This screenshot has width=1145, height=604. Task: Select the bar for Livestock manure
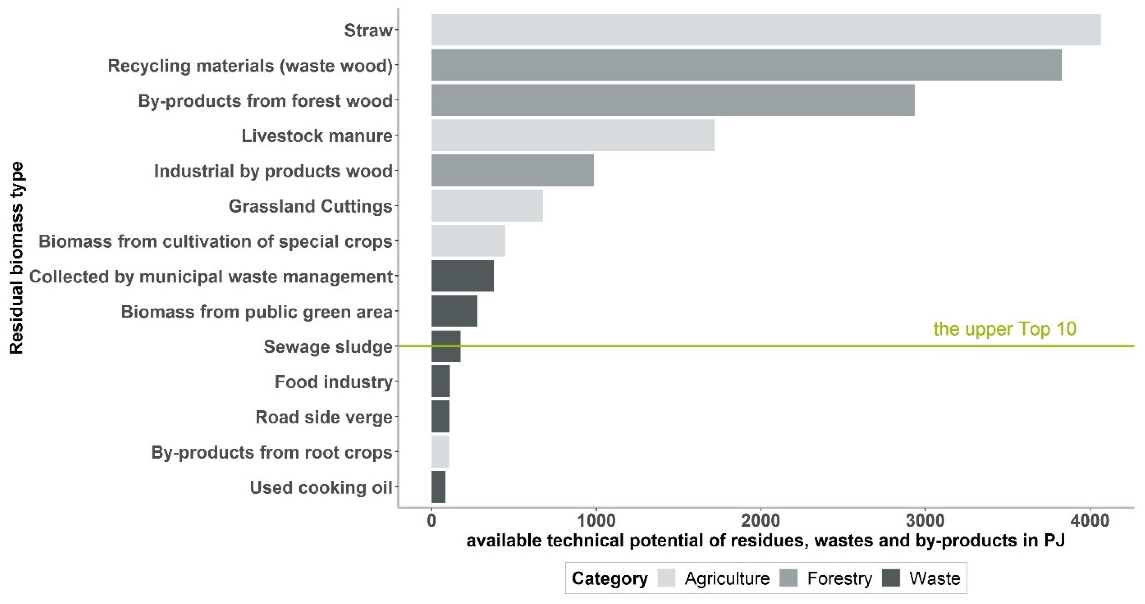(x=572, y=135)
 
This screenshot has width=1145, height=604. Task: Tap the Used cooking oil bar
(x=438, y=487)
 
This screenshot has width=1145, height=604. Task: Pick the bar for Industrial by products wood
(x=512, y=170)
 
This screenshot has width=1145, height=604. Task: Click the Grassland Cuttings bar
(x=487, y=205)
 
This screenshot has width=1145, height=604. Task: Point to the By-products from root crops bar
(x=440, y=451)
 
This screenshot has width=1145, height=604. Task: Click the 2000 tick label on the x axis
(x=761, y=520)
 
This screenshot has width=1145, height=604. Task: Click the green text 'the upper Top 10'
(x=1005, y=329)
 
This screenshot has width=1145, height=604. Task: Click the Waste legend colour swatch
(x=891, y=578)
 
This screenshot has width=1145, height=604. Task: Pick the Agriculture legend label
(x=727, y=578)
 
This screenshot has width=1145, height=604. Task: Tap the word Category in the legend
(x=610, y=578)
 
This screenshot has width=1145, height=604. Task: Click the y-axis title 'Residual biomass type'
(x=17, y=258)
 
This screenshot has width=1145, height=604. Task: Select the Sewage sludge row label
(x=328, y=347)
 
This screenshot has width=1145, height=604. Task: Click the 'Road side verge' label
(x=324, y=417)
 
